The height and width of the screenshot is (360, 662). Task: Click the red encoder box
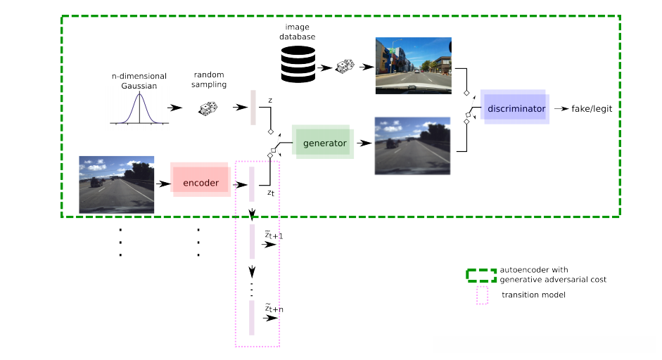pyautogui.click(x=200, y=184)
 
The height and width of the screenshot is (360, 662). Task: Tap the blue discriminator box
pyautogui.click(x=515, y=109)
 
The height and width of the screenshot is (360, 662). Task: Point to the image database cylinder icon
pyautogui.click(x=298, y=65)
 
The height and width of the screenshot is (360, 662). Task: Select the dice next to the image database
pyautogui.click(x=345, y=67)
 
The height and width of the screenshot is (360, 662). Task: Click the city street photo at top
pyautogui.click(x=414, y=65)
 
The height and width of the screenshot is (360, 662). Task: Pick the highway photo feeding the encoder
pyautogui.click(x=117, y=184)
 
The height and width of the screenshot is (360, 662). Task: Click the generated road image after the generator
pyautogui.click(x=412, y=146)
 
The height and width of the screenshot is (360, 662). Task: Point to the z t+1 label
pyautogui.click(x=274, y=235)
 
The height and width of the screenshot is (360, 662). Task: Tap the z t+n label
pyautogui.click(x=274, y=308)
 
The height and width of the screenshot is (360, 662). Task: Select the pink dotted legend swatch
pyautogui.click(x=482, y=295)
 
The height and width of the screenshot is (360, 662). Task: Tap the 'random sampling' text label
pyautogui.click(x=210, y=79)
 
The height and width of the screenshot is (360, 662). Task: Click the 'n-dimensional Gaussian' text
pyautogui.click(x=139, y=81)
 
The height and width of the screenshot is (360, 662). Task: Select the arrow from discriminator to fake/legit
pyautogui.click(x=561, y=109)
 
